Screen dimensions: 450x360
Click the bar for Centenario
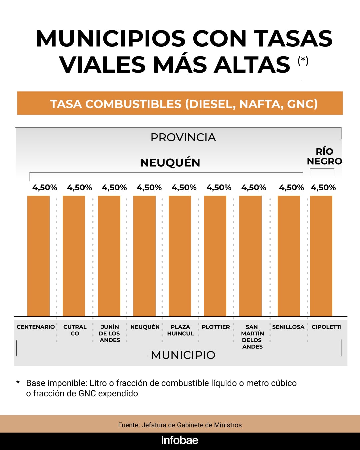coord(38,256)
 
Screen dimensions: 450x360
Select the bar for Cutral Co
coord(74,256)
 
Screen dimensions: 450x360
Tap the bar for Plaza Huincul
coord(180,256)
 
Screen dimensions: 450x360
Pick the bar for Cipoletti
coord(321,256)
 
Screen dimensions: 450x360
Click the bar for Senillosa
coord(289,256)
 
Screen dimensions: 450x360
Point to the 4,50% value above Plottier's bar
coord(219,188)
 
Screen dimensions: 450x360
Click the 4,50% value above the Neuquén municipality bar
coord(149,188)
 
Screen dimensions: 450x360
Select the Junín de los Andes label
coord(109,333)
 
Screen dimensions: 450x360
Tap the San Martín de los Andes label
coord(252,337)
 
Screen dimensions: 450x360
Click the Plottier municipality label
coord(216,327)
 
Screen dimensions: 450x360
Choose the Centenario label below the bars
coord(36,327)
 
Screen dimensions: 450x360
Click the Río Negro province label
coord(324,156)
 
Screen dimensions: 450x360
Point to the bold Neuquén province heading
coord(170,163)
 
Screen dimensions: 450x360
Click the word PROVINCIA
coord(183,137)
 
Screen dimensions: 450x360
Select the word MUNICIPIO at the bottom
coord(183,355)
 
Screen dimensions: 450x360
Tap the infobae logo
coord(180,440)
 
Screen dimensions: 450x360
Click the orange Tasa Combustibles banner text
coord(184,104)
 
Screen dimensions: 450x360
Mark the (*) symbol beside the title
coord(303,61)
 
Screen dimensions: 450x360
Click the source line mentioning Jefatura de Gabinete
coord(180,425)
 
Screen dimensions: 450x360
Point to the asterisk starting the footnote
coord(18,382)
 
